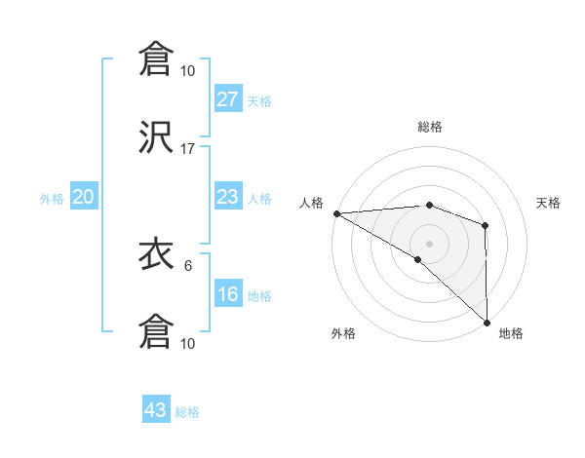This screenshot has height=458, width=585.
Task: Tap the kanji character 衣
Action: [x=156, y=255]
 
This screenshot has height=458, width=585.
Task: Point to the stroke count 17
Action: [x=188, y=148]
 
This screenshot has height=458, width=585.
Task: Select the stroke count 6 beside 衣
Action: [x=188, y=264]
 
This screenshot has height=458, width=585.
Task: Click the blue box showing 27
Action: [x=227, y=99]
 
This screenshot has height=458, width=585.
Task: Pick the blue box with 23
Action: [x=227, y=197]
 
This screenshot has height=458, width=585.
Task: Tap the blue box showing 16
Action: [x=227, y=295]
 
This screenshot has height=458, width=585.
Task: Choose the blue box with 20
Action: [x=83, y=197]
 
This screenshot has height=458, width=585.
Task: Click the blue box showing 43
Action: [x=156, y=410]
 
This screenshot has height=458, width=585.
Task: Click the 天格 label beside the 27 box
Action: [x=259, y=101]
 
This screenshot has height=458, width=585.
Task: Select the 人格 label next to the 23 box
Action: [x=259, y=199]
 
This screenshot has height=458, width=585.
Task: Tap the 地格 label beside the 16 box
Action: [x=259, y=296]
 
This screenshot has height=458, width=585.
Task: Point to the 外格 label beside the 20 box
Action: [x=52, y=199]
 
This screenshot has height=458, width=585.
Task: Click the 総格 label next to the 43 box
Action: [x=187, y=412]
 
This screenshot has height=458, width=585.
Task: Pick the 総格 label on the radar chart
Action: [x=429, y=127]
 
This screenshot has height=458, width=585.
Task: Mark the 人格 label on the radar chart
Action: [x=311, y=202]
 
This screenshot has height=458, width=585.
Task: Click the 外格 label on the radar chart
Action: [x=343, y=333]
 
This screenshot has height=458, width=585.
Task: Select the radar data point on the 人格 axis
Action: [x=336, y=213]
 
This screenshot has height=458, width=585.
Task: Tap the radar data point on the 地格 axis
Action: [x=486, y=322]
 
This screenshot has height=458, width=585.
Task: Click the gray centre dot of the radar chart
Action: [x=429, y=243]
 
